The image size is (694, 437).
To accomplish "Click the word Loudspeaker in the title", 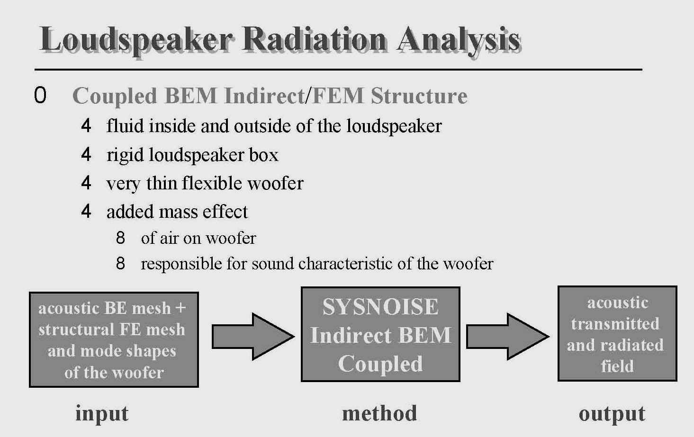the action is (136, 40).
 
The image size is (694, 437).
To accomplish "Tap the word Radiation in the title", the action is (314, 39).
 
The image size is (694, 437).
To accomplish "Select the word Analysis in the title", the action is (458, 41).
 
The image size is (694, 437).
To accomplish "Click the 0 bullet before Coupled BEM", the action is (40, 95).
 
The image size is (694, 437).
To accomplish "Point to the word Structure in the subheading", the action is (419, 96).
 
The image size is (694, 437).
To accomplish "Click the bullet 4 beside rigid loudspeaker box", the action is (86, 154).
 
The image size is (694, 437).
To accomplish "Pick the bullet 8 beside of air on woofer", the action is (120, 238).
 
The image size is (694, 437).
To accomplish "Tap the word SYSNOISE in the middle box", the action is (380, 307).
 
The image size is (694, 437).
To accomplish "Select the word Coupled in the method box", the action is (380, 364).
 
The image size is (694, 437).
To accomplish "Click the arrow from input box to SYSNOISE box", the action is (253, 337).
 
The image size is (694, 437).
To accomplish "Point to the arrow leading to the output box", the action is (508, 337).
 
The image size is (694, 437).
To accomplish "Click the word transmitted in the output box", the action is (615, 324).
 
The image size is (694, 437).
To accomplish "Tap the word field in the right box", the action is (617, 366).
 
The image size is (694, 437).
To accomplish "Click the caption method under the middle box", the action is (379, 413).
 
